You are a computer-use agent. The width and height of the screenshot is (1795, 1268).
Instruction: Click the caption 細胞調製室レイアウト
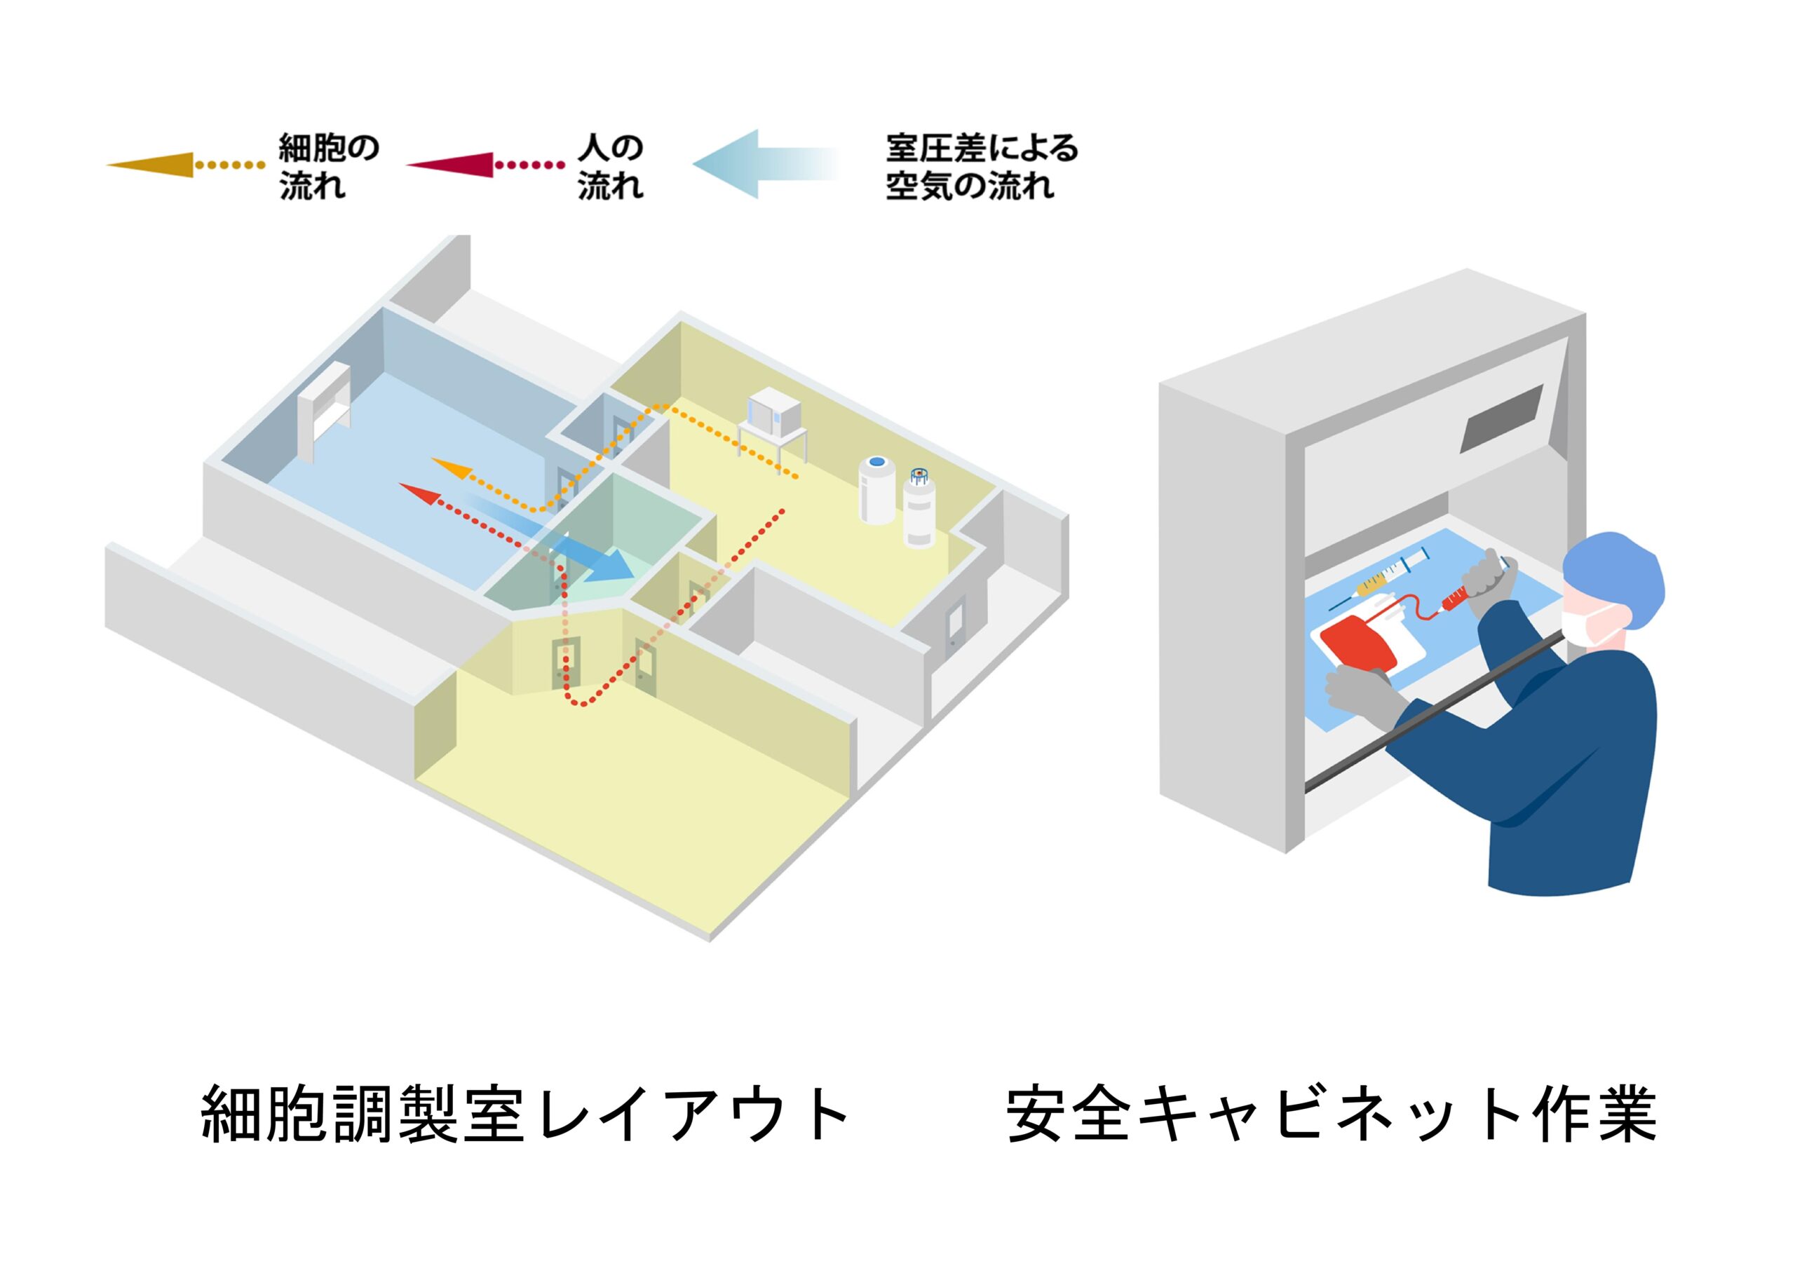click(525, 1114)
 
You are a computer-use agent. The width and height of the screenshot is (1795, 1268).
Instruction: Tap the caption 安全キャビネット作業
click(1332, 1114)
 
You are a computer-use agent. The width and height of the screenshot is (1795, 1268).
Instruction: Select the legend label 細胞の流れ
click(329, 167)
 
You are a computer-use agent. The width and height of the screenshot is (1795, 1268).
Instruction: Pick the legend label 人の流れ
click(611, 167)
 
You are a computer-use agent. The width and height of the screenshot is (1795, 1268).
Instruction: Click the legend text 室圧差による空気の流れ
click(982, 167)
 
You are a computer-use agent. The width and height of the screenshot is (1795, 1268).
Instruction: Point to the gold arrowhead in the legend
click(151, 165)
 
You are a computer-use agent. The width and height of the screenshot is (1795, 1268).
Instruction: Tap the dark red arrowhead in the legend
click(450, 165)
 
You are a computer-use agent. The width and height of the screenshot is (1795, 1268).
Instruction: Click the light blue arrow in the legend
click(766, 164)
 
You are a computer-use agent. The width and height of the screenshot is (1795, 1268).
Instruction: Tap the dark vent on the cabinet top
click(1502, 418)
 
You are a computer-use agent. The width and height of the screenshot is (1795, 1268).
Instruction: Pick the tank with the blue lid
click(877, 489)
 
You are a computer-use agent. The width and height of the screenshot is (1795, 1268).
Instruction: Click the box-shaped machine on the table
click(775, 413)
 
